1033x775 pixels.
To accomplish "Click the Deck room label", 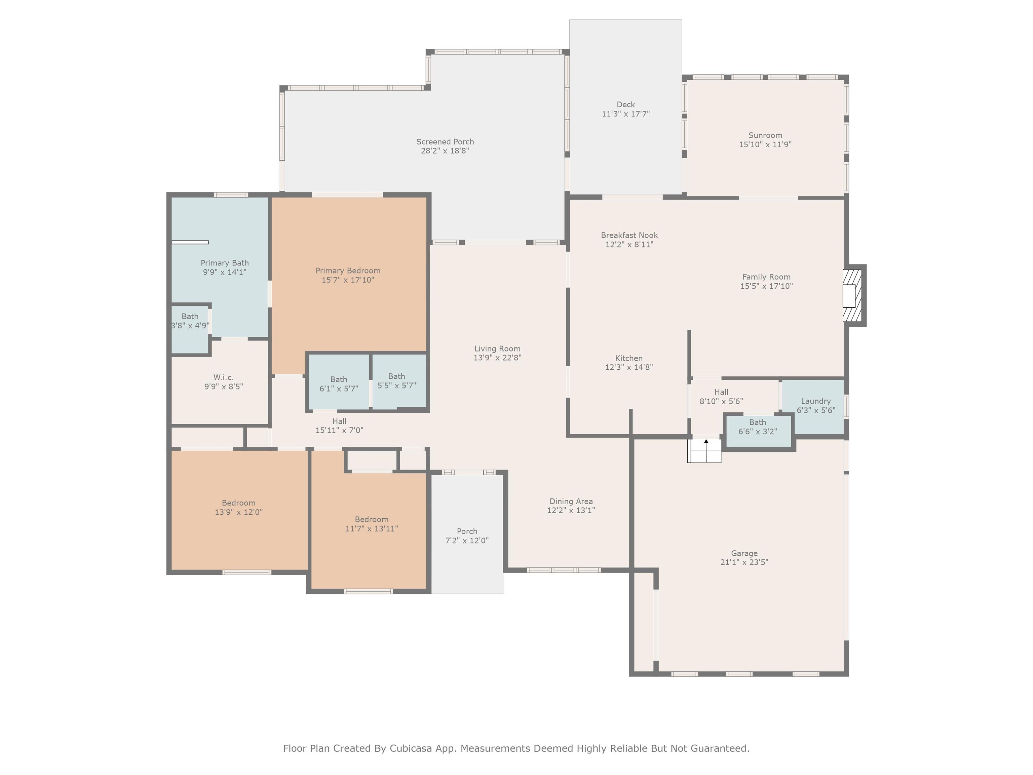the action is tap(625, 105).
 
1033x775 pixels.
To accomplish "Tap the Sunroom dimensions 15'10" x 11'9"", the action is tap(765, 144).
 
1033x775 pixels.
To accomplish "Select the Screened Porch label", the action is tap(445, 142).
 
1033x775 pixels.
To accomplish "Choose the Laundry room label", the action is tap(816, 401).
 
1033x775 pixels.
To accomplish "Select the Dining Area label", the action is tap(571, 501).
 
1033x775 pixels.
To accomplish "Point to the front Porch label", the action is tap(467, 531).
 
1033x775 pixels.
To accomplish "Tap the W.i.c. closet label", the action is tap(224, 377).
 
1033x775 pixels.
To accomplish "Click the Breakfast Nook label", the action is tap(629, 235).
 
